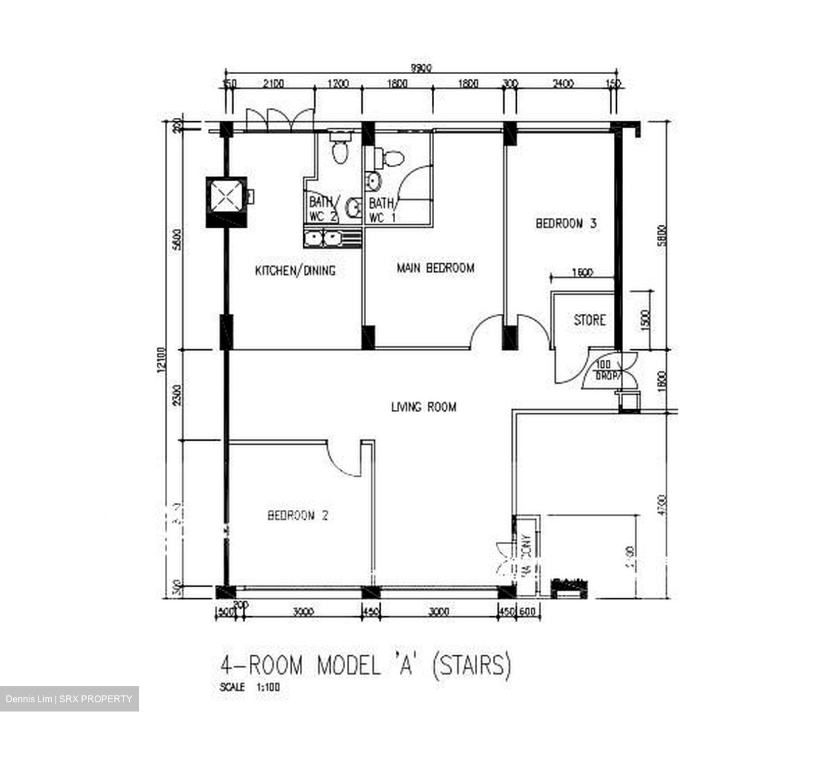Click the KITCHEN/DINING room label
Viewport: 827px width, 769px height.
click(x=295, y=271)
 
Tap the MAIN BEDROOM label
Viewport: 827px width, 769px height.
click(x=436, y=268)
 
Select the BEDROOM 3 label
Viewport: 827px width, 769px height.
click(x=566, y=224)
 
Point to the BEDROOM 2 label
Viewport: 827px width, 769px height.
click(x=298, y=516)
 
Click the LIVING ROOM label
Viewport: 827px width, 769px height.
click(x=424, y=407)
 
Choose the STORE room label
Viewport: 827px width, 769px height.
click(x=590, y=320)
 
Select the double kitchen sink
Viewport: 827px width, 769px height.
click(x=323, y=239)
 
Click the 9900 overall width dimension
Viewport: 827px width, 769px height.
click(x=421, y=68)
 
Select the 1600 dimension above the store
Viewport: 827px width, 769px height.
click(x=582, y=273)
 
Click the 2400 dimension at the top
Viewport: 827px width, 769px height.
click(x=563, y=84)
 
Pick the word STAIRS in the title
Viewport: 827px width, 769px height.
click(x=471, y=666)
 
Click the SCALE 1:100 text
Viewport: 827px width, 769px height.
click(x=250, y=687)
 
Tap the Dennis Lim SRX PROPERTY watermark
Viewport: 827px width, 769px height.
click(x=69, y=699)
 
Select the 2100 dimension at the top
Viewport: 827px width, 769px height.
click(x=273, y=84)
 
